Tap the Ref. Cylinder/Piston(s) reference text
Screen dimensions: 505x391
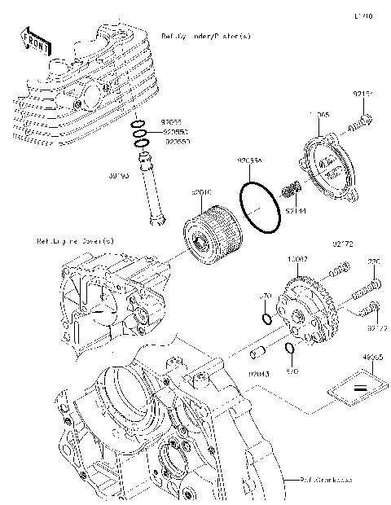[206, 37]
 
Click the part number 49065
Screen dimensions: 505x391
[372, 356]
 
